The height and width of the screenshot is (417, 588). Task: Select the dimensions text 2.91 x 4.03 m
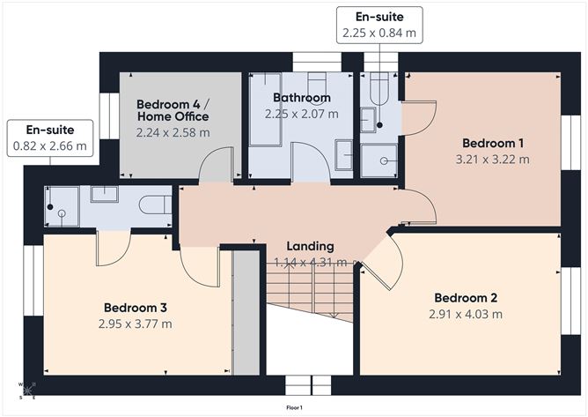pyautogui.click(x=466, y=314)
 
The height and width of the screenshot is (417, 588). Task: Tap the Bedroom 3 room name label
pyautogui.click(x=136, y=308)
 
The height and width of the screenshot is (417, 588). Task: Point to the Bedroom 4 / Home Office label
pyautogui.click(x=173, y=110)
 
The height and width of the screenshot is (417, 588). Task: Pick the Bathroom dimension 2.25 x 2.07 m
pyautogui.click(x=302, y=114)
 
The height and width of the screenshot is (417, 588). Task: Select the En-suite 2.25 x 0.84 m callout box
pyautogui.click(x=379, y=25)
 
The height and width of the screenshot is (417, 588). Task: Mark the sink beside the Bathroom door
pyautogui.click(x=345, y=157)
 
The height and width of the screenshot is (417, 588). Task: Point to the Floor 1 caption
pyautogui.click(x=294, y=407)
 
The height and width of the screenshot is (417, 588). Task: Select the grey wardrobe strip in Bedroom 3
pyautogui.click(x=247, y=313)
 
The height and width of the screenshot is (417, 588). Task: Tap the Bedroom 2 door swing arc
pyautogui.click(x=386, y=259)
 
